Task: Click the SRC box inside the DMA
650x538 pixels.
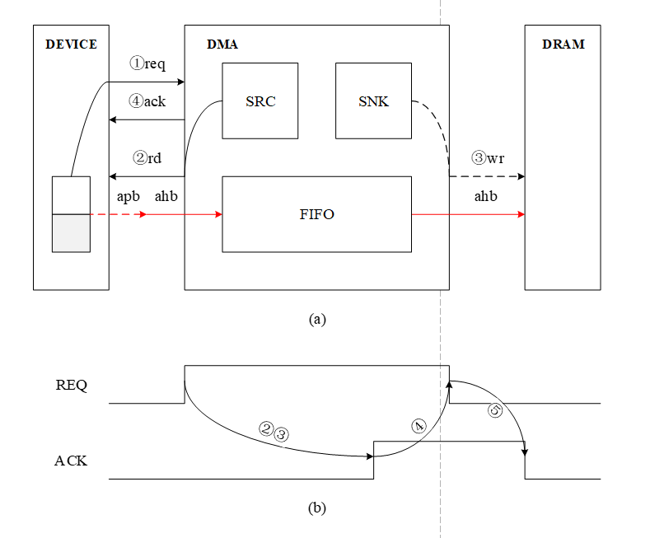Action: [260, 101]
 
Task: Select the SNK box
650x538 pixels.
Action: [373, 101]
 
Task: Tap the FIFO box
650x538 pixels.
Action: [316, 214]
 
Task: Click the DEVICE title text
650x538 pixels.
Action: [71, 44]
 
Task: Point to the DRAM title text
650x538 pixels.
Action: [563, 44]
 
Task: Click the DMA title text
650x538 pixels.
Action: [222, 44]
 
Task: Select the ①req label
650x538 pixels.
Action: [148, 63]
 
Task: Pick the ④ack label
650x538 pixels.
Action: [147, 101]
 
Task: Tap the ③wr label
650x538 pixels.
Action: [487, 157]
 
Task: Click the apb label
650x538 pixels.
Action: [128, 196]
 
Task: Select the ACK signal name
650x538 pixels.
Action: [71, 461]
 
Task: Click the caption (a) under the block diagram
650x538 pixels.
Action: [317, 319]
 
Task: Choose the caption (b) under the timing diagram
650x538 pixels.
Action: [317, 508]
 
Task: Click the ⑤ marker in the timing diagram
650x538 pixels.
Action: [495, 410]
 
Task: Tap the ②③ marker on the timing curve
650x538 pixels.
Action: [274, 431]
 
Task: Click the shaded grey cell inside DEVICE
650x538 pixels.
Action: [71, 233]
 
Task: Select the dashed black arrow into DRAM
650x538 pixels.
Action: [486, 176]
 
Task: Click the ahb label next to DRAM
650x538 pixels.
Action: [486, 196]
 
